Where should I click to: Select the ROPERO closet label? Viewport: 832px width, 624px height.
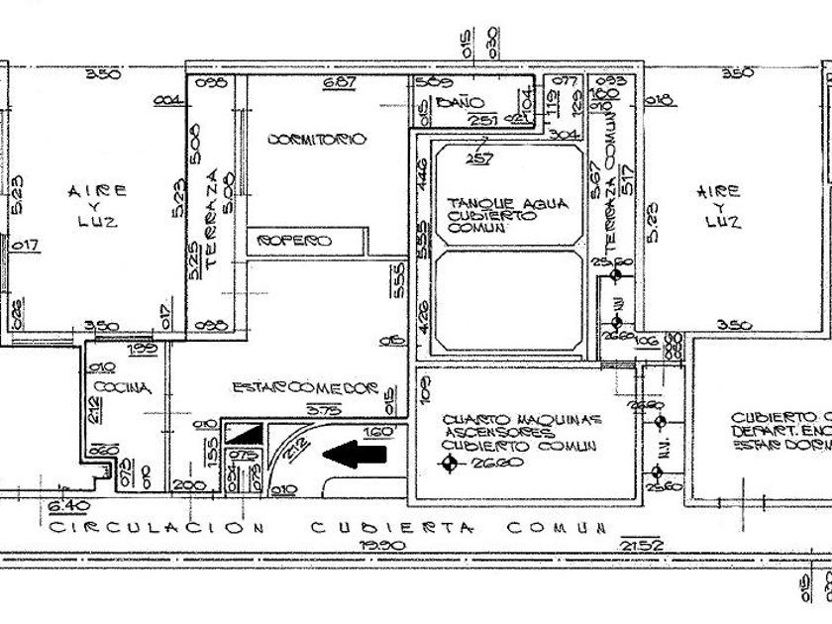[294, 242]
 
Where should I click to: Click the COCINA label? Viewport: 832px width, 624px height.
[124, 389]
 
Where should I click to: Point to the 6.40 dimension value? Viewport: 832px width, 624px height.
[62, 508]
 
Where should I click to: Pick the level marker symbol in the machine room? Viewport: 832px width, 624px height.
[450, 464]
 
